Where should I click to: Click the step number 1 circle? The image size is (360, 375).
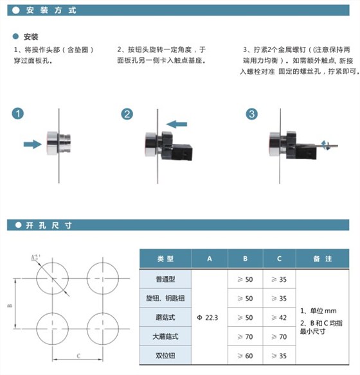pyautogui.click(x=18, y=114)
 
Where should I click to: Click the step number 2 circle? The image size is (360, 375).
pyautogui.click(x=127, y=114)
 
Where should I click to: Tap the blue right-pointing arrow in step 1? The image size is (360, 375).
pyautogui.click(x=32, y=144)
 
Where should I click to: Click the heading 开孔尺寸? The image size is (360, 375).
pyautogui.click(x=48, y=225)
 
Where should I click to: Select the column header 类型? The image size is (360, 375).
pyautogui.click(x=166, y=259)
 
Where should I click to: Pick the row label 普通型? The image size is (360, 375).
pyautogui.click(x=166, y=279)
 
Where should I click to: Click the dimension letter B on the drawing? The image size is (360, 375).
pyautogui.click(x=9, y=306)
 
